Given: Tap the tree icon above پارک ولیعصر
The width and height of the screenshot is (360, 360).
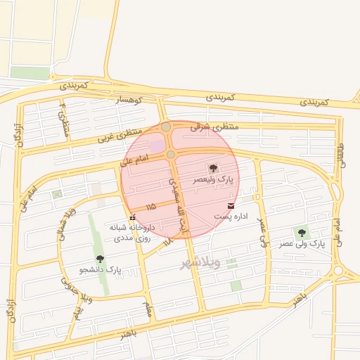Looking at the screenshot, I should [x=212, y=168].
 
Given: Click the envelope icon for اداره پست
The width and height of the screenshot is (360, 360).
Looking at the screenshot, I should [x=231, y=205].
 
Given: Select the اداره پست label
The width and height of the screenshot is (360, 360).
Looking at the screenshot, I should [x=231, y=218].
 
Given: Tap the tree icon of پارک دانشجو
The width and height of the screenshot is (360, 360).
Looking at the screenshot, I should [x=99, y=258].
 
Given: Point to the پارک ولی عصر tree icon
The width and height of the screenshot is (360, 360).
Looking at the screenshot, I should [x=302, y=233].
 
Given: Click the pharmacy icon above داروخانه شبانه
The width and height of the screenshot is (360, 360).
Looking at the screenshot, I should [x=132, y=217].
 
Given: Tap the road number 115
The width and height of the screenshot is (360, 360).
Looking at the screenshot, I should [x=150, y=207].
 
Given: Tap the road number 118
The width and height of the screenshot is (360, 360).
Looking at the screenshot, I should [x=167, y=242].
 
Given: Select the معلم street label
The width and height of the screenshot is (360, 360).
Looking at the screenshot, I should [x=148, y=308].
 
